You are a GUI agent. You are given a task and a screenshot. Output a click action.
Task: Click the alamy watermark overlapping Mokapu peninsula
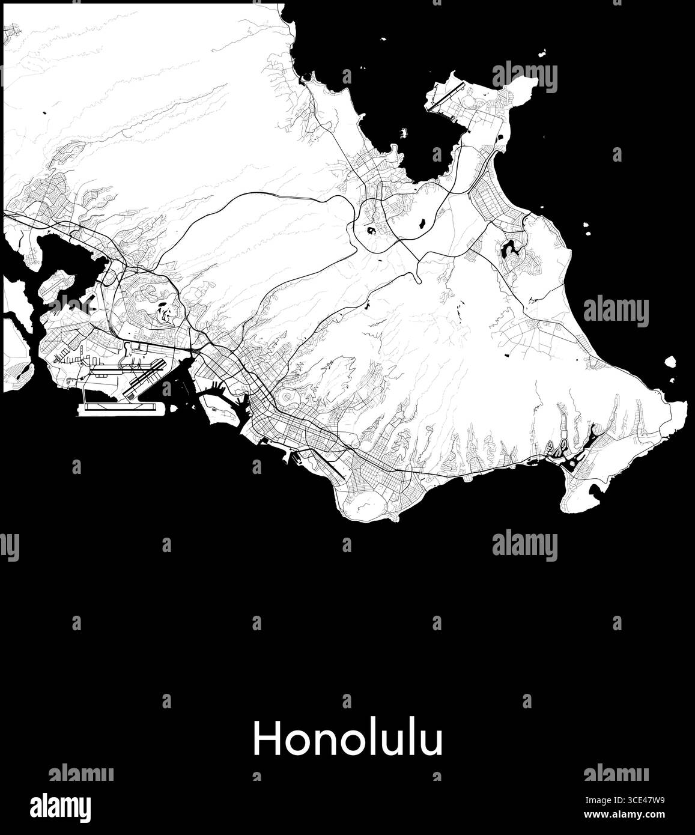point(524,77)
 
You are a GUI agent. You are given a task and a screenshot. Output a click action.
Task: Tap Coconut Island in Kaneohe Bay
point(403,132)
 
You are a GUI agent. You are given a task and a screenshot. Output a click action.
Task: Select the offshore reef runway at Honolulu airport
point(120,408)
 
